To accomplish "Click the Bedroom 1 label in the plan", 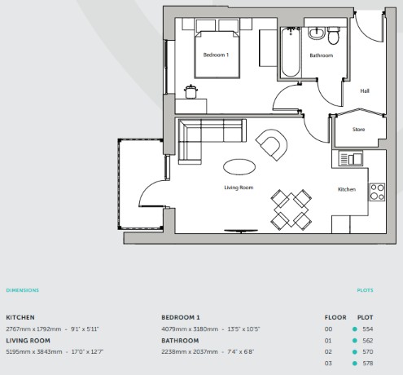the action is pyautogui.click(x=216, y=55).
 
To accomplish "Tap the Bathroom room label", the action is pyautogui.click(x=322, y=55).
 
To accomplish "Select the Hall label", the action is pyautogui.click(x=365, y=90).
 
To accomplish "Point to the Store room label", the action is pyautogui.click(x=358, y=130).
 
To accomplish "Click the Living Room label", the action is pyautogui.click(x=239, y=187).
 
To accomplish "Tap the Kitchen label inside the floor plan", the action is pyautogui.click(x=347, y=189).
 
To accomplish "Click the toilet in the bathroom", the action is pyautogui.click(x=333, y=35).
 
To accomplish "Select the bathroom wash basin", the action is pyautogui.click(x=317, y=33).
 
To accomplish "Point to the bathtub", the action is pyautogui.click(x=291, y=52).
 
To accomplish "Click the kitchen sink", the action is pyautogui.click(x=351, y=158).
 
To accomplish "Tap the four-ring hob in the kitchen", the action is pyautogui.click(x=377, y=192).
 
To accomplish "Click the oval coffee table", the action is pyautogui.click(x=239, y=167).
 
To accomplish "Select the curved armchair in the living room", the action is pyautogui.click(x=272, y=144).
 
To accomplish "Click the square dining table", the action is pyautogui.click(x=291, y=210).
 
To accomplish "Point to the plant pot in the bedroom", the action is pyautogui.click(x=191, y=91).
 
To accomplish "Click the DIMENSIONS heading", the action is pyautogui.click(x=23, y=290).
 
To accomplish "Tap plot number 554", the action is pyautogui.click(x=368, y=329).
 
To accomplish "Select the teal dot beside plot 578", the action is pyautogui.click(x=354, y=364).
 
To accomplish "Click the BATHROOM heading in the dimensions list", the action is pyautogui.click(x=180, y=341).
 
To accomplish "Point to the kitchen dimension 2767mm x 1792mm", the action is pyautogui.click(x=33, y=329).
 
